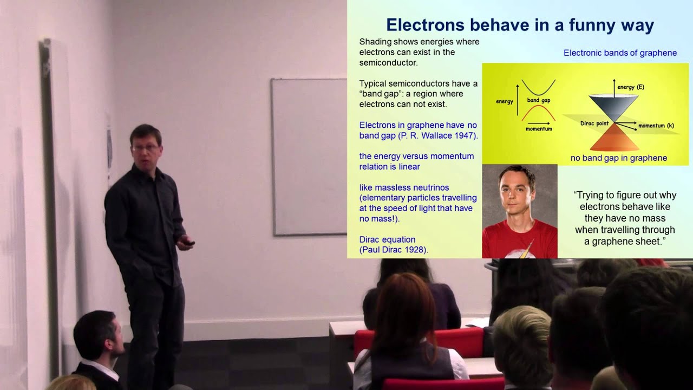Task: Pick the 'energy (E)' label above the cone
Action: [x=631, y=87]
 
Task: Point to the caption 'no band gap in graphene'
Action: [x=618, y=158]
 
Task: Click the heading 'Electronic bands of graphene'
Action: [x=620, y=53]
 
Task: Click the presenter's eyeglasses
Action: [x=145, y=147]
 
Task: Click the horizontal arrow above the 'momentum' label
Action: [x=538, y=122]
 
